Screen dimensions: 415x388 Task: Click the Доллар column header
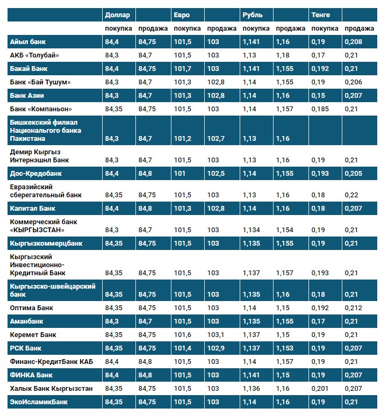tap(118, 15)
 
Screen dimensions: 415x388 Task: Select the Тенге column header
tap(321, 15)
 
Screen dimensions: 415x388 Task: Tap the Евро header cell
tap(182, 15)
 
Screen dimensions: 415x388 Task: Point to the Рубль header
tap(253, 15)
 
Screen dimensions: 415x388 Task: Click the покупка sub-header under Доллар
tap(118, 28)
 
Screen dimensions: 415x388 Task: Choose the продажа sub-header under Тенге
tap(359, 28)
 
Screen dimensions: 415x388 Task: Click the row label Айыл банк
tap(26, 41)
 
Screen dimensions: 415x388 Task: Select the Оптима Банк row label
tap(31, 308)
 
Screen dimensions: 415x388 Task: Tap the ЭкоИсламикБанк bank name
tap(39, 402)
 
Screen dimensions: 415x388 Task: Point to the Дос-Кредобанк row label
tap(36, 174)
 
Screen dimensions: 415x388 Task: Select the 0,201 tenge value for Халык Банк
tap(320, 388)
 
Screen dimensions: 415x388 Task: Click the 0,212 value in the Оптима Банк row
tap(354, 308)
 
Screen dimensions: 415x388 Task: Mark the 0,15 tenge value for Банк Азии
tap(319, 95)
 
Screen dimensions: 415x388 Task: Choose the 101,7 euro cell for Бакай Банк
tap(183, 68)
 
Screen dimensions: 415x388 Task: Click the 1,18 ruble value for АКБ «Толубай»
tap(283, 55)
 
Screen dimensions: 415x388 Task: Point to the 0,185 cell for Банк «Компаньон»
tap(320, 109)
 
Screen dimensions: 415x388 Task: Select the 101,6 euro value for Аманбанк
tap(183, 321)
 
